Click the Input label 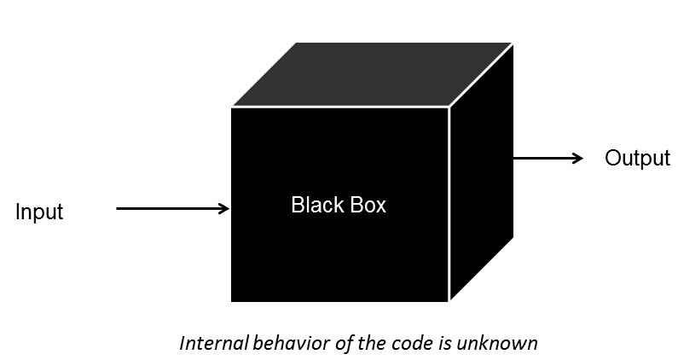(39, 212)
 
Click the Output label (636, 159)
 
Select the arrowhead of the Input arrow (224, 208)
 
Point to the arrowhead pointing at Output (578, 159)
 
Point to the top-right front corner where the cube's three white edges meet (449, 107)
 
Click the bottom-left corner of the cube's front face (232, 300)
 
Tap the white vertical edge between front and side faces (449, 205)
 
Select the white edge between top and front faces (341, 107)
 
